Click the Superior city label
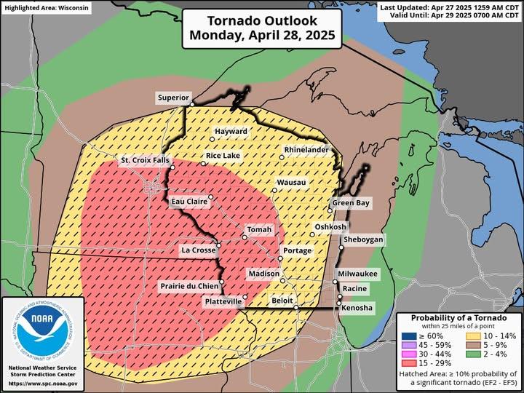174,98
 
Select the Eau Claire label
188,201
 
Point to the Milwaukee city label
357,273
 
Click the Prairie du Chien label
189,287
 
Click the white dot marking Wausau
274,190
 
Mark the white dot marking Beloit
296,308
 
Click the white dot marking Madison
282,279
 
